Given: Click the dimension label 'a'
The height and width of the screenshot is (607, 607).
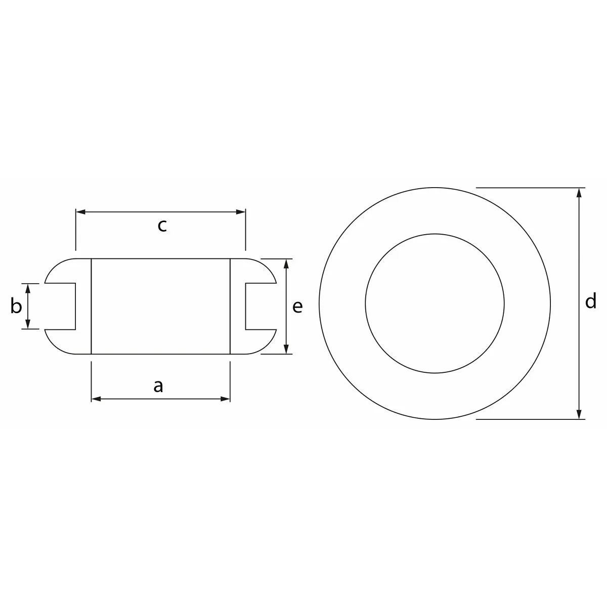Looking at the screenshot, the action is (158, 386).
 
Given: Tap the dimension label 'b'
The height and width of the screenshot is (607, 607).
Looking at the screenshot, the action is (16, 306).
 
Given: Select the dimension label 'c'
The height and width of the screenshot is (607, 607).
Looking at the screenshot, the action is (162, 226).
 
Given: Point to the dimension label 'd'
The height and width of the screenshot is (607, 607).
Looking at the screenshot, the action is (591, 301).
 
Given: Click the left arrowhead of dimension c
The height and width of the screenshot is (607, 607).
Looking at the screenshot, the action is (81, 212).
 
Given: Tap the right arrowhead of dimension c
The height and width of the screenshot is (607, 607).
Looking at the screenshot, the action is (240, 212).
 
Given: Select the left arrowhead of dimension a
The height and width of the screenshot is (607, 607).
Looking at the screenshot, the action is (96, 399).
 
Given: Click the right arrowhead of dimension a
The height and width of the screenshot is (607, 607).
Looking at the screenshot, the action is (225, 399).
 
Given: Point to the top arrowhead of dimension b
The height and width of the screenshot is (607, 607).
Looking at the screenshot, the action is (28, 288).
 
